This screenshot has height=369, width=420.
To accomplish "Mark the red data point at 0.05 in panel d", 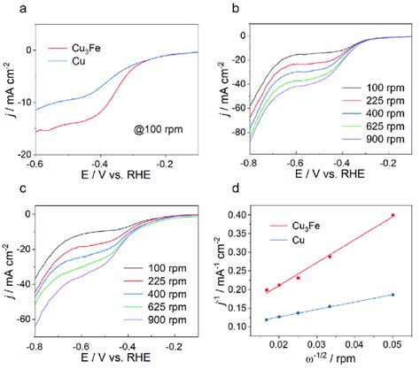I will [x=393, y=215].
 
